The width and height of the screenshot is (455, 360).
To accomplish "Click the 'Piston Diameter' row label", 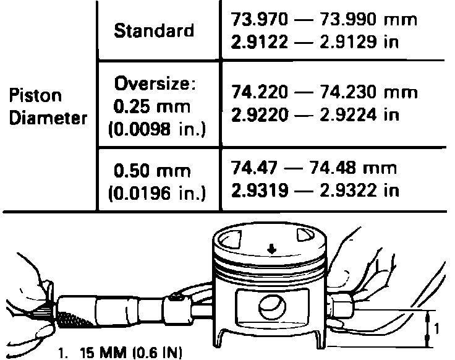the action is [48, 107].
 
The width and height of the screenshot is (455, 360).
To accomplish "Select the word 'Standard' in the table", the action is [154, 30].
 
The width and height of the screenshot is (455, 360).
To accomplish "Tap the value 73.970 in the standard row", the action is [259, 19].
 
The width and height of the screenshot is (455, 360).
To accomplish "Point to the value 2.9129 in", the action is [359, 42].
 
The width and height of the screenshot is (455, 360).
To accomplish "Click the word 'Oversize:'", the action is [155, 84].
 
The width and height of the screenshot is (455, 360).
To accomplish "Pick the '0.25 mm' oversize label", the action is [151, 106].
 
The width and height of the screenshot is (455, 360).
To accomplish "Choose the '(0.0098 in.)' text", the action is [157, 129].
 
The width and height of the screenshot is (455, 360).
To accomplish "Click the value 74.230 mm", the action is [368, 92].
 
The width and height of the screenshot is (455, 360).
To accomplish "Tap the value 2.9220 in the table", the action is [260, 114].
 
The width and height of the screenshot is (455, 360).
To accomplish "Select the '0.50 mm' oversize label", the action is [152, 171].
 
